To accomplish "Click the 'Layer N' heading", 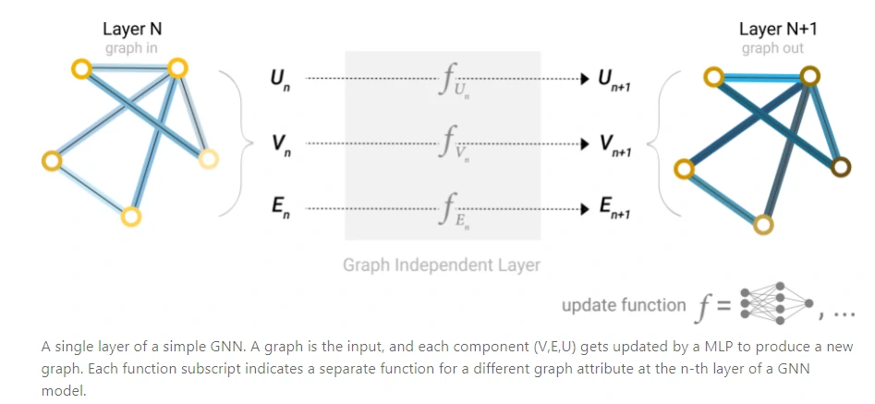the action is pyautogui.click(x=132, y=29).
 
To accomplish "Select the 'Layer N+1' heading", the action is pyautogui.click(x=778, y=29).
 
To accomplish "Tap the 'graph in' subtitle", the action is pyautogui.click(x=131, y=48).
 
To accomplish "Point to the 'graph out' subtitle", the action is pyautogui.click(x=772, y=48).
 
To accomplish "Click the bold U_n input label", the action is pyautogui.click(x=280, y=80).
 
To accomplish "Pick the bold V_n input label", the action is pyautogui.click(x=280, y=144).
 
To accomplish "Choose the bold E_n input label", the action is pyautogui.click(x=280, y=209).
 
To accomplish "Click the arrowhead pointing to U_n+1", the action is pyautogui.click(x=584, y=80).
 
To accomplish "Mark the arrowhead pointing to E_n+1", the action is pyautogui.click(x=584, y=209).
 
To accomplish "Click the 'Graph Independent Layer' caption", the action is pyautogui.click(x=442, y=264).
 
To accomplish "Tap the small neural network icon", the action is pyautogui.click(x=776, y=304).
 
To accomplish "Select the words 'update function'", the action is pyautogui.click(x=624, y=305).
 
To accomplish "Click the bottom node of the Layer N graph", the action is pyautogui.click(x=130, y=216).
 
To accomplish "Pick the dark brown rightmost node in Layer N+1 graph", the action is pyautogui.click(x=841, y=166).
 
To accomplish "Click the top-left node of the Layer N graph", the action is pyautogui.click(x=81, y=69).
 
